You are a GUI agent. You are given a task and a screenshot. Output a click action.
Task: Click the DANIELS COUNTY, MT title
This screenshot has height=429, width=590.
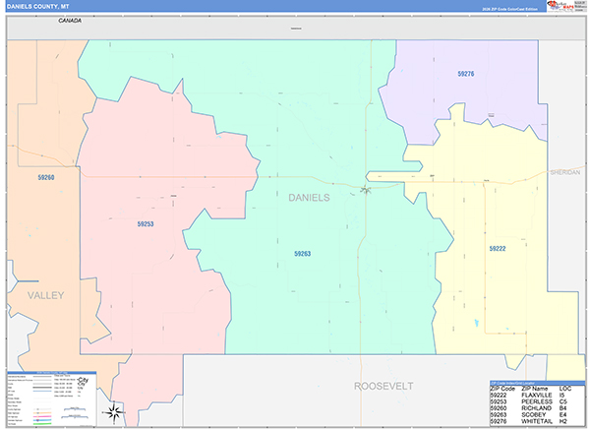33,6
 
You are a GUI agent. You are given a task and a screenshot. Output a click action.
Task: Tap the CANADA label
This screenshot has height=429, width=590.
69,20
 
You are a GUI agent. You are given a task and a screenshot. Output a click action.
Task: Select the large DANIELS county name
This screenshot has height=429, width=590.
309,198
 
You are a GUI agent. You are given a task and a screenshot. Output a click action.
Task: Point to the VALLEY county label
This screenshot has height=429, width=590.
45,295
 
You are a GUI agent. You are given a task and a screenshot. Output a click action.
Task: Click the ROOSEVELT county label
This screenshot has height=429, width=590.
383,385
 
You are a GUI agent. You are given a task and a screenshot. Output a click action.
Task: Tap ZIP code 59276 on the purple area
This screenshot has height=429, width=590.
465,74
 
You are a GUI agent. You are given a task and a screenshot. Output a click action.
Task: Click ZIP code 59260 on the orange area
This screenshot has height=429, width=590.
45,177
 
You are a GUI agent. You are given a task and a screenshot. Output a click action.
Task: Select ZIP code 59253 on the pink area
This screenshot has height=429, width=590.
145,224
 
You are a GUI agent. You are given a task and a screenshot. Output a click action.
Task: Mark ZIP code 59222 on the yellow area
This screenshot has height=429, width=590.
498,249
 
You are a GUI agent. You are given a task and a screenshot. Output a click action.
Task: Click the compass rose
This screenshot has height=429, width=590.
114,410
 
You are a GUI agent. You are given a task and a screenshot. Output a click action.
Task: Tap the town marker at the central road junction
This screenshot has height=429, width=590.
364,189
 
